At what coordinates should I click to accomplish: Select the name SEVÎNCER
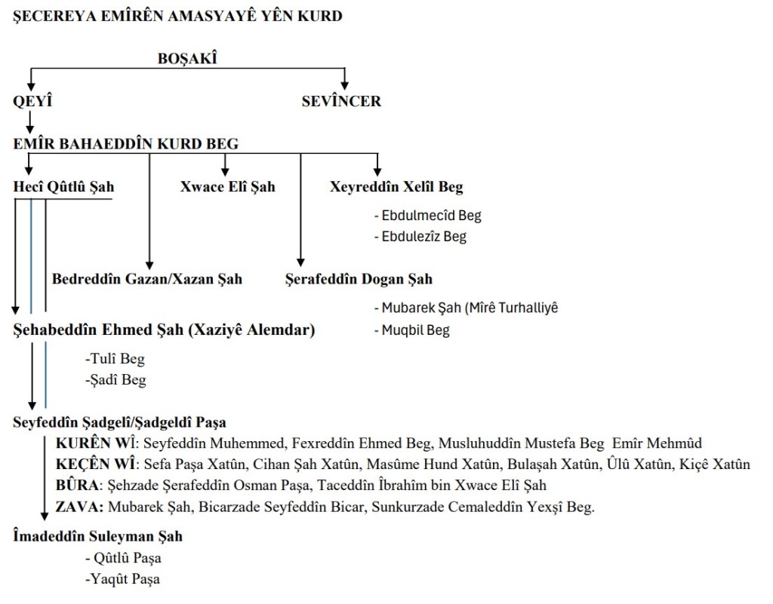tap(341, 101)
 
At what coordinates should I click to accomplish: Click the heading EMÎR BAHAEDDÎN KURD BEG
tap(126, 144)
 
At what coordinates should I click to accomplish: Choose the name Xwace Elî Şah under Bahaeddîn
tap(227, 187)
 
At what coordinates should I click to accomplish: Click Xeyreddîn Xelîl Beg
tap(396, 187)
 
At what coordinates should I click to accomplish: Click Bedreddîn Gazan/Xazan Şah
tap(147, 279)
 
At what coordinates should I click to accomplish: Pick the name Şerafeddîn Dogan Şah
tap(359, 279)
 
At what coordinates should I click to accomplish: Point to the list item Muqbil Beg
tap(413, 330)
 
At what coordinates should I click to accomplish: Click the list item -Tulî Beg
tap(115, 359)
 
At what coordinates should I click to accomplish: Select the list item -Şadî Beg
tap(115, 380)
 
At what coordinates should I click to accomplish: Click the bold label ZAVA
tap(79, 506)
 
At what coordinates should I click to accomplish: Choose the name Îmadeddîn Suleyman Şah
tap(98, 537)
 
